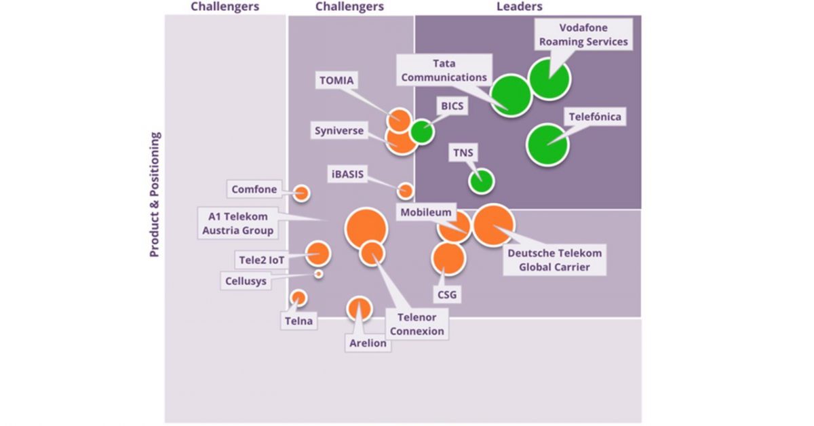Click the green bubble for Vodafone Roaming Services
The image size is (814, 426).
[x=549, y=79]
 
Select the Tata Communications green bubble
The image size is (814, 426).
[x=511, y=96]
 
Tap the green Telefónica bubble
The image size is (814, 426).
[x=547, y=145]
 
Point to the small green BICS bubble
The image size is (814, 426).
[x=422, y=132]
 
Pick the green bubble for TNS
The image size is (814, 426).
[x=482, y=181]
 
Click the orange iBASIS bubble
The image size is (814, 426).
[x=405, y=191]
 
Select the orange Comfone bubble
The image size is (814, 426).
[x=301, y=193]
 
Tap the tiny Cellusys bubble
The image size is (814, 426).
[x=318, y=273]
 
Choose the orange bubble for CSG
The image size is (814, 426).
[x=448, y=258]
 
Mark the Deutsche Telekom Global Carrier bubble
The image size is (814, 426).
[x=494, y=225]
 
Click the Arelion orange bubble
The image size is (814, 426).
[x=359, y=309]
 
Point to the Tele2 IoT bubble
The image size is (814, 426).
[x=318, y=253]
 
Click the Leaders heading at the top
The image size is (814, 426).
[x=520, y=6]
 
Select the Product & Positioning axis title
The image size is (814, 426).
[x=155, y=195]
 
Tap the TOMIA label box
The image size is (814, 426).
[x=336, y=80]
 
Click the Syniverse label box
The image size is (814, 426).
[x=339, y=130]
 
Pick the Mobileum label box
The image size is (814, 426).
[x=426, y=212]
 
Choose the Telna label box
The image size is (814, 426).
[x=298, y=321]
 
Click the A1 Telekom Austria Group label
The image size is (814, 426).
[x=238, y=223]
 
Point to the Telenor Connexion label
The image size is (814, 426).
[x=416, y=324]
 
